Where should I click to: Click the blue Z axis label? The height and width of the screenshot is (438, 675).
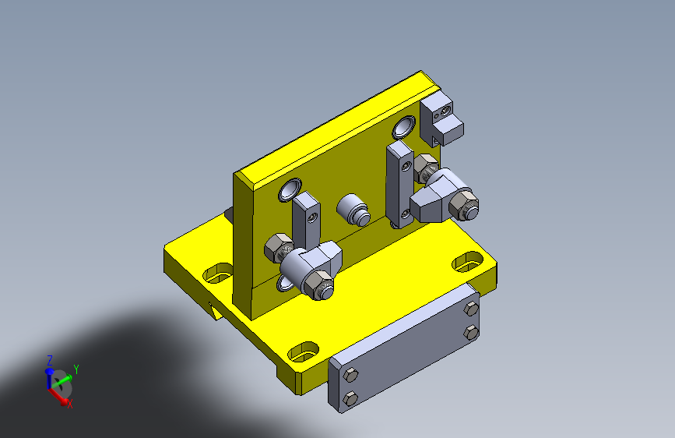coord(50,360)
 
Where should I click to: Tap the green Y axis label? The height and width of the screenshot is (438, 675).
coord(76,369)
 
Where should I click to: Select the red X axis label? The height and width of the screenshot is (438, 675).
coord(70,404)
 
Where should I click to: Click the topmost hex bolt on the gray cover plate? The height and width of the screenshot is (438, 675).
coord(471,309)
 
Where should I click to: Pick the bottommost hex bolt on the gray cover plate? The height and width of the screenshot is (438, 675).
coord(351,399)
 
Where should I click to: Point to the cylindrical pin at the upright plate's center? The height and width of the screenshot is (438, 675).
coord(353,210)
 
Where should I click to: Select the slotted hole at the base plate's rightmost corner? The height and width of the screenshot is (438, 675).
coord(467,262)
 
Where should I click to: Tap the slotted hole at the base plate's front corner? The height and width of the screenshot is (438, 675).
coord(303,351)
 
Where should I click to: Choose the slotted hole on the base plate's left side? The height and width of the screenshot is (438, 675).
coord(218,273)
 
